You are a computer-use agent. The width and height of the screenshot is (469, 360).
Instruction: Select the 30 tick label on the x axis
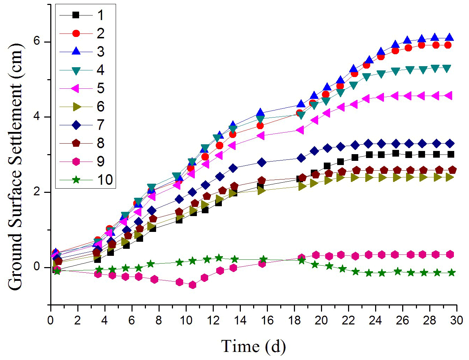pos(456,320)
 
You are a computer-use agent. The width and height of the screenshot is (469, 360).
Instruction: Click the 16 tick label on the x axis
pos(267,320)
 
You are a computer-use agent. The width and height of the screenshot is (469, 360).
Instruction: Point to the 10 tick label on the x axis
pos(186,320)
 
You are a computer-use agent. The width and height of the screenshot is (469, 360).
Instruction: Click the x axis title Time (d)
pos(253,346)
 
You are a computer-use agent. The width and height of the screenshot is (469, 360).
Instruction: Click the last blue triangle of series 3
pos(449,38)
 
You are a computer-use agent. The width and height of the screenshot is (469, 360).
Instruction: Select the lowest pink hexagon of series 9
pos(192,285)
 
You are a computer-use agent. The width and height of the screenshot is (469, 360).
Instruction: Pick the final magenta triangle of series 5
pos(449,96)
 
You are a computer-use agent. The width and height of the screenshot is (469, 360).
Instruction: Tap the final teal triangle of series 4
pos(447,68)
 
